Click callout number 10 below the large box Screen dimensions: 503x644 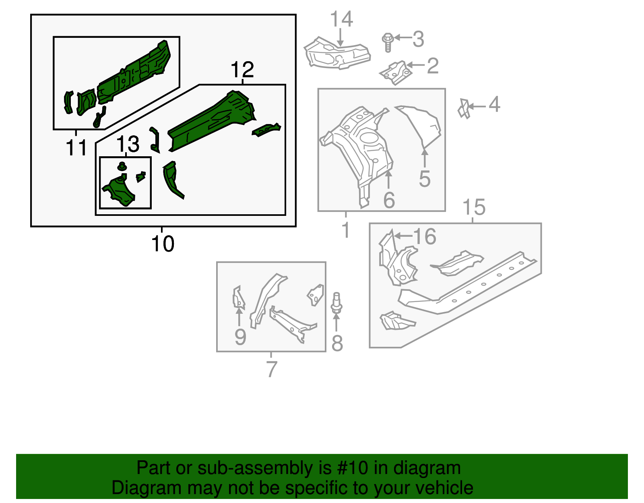pos(163,244)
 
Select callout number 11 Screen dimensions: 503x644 pos(76,148)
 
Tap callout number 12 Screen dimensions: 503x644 pos(242,70)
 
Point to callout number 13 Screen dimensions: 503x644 pos(128,144)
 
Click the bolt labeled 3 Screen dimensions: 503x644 pos(388,42)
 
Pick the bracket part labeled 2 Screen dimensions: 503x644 pos(396,73)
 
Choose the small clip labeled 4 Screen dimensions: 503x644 pos(464,108)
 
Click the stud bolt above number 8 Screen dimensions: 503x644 pos(336,303)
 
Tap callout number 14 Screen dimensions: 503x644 pos(341,19)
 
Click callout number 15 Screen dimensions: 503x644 pos(474,207)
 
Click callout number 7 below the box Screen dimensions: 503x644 pos(272,368)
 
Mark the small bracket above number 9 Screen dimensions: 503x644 pos(239,296)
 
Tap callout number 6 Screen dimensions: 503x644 pos(389,200)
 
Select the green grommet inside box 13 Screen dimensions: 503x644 pos(122,166)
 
